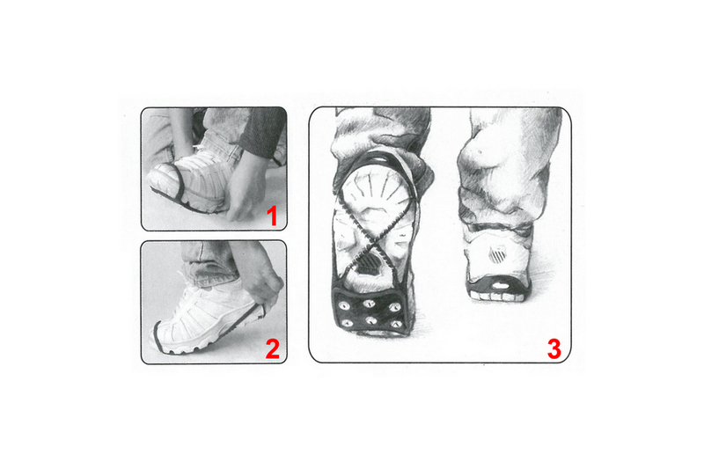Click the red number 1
pyautogui.click(x=272, y=216)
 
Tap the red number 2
pyautogui.click(x=273, y=348)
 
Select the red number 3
pyautogui.click(x=554, y=348)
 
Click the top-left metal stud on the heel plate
pyautogui.click(x=345, y=306)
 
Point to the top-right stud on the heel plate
pyautogui.click(x=394, y=307)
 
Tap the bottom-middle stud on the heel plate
pyautogui.click(x=370, y=320)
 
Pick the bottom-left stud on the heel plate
pyautogui.click(x=346, y=323)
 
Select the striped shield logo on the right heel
pyautogui.click(x=497, y=255)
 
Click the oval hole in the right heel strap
pyautogui.click(x=498, y=285)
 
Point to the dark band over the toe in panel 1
pyautogui.click(x=179, y=184)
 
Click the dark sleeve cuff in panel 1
pyautogui.click(x=262, y=132)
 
